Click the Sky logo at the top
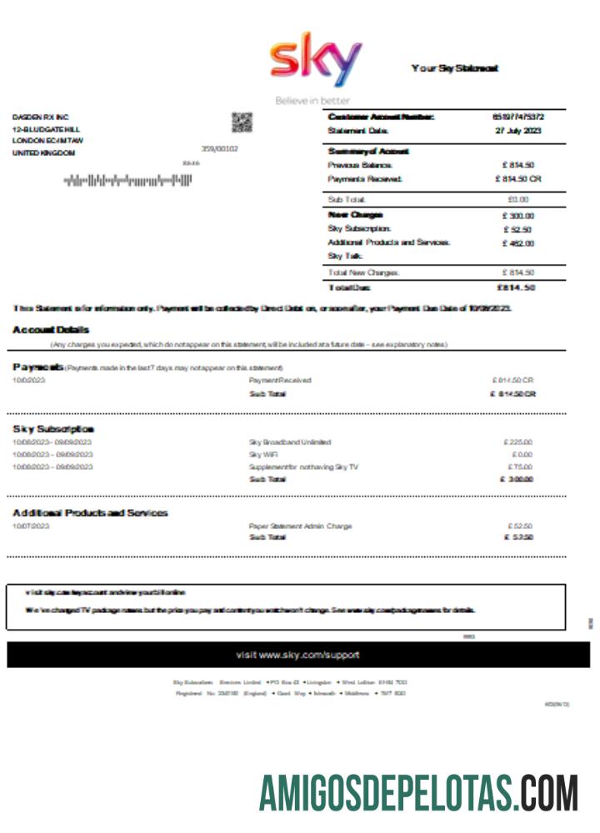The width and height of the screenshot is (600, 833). tap(316, 62)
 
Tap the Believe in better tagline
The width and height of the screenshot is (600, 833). tap(312, 101)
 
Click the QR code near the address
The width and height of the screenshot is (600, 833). tap(242, 122)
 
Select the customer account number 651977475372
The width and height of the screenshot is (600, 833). tap(518, 117)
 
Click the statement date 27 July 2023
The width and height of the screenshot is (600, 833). tap(518, 131)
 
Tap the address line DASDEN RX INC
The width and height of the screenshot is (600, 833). tap(40, 117)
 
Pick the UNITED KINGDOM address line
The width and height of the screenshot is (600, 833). tap(43, 153)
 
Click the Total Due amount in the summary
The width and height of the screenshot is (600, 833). tap(516, 287)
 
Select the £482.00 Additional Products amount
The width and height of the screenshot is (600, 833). tap(517, 243)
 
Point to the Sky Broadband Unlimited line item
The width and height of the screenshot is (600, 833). tap(290, 442)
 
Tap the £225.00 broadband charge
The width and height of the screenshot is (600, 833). tap(518, 442)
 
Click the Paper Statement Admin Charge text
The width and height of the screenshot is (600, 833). tap(300, 526)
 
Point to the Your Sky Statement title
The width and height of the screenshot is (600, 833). tap(454, 68)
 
